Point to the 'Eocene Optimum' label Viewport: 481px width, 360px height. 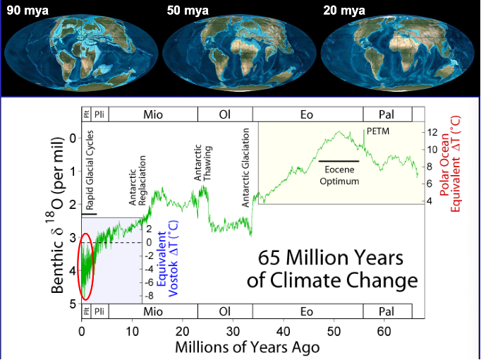[x=342, y=176]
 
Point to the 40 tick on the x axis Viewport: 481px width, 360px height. [x=283, y=331]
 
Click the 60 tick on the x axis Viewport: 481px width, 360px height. [x=383, y=331]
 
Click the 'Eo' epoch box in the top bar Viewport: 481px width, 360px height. [x=307, y=114]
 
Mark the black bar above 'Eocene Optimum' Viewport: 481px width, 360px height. [x=339, y=162]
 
